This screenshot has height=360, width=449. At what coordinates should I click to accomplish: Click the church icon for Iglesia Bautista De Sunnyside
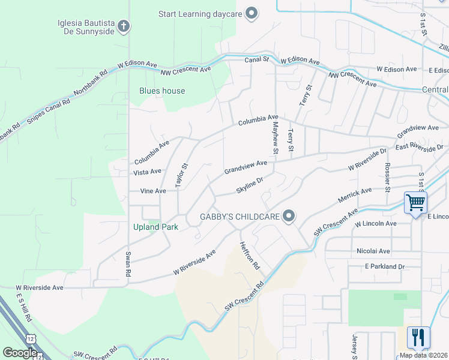click(124, 26)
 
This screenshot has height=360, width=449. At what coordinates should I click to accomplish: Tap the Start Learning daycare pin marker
click(252, 13)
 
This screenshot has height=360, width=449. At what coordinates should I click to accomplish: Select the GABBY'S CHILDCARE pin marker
click(289, 216)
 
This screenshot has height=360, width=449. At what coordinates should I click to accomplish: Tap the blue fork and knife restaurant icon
click(418, 337)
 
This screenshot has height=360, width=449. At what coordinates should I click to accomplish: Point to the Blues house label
click(162, 91)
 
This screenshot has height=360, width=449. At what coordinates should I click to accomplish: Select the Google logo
click(20, 353)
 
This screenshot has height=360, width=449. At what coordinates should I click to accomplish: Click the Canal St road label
click(256, 60)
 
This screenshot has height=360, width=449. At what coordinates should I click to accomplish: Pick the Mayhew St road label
click(276, 137)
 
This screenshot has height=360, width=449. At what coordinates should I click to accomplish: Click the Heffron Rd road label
click(250, 255)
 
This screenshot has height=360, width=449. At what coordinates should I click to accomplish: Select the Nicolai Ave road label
click(373, 251)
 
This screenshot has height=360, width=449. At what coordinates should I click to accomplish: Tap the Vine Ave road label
click(152, 191)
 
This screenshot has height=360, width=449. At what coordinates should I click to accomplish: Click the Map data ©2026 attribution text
click(423, 355)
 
